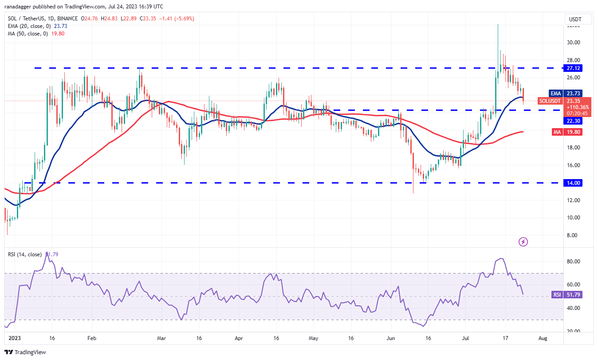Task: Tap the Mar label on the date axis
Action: [161, 338]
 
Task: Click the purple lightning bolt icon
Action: [523, 242]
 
